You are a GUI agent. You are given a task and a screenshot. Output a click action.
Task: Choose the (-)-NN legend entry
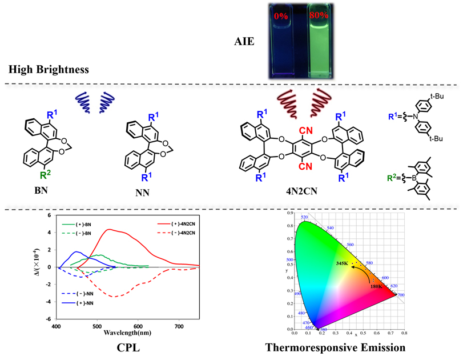(99, 293)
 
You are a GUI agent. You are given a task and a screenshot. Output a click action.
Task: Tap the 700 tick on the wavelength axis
(179, 325)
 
